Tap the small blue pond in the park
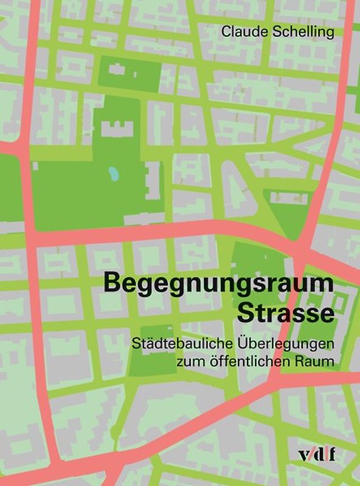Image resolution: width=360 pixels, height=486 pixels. click(114, 174)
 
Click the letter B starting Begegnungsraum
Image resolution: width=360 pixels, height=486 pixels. click(112, 284)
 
